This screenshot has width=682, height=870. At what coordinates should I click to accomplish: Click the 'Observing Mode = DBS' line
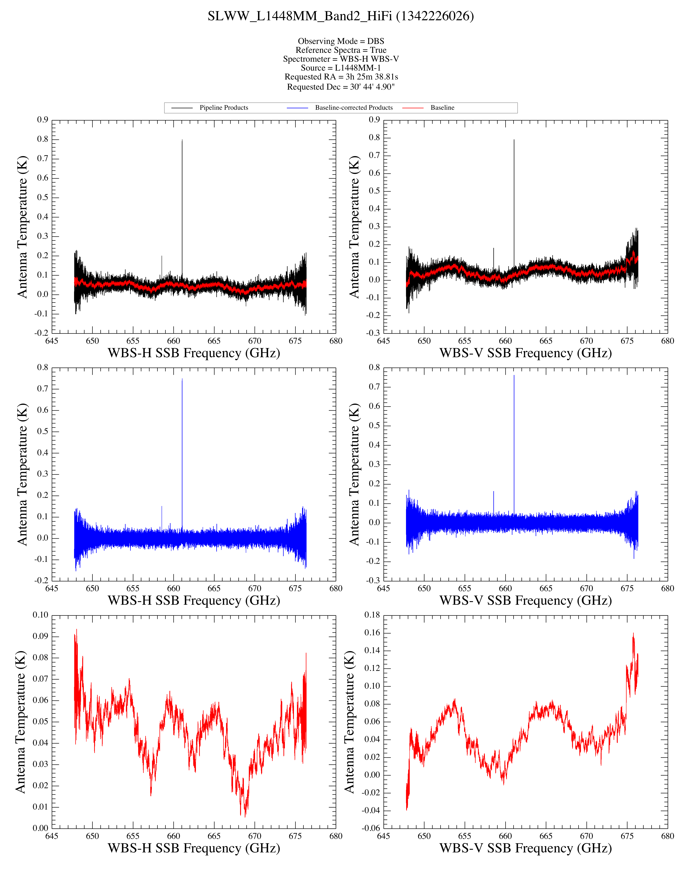[341, 41]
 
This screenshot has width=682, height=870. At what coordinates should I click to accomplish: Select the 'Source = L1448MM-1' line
[341, 68]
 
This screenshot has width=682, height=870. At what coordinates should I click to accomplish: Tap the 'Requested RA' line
[341, 77]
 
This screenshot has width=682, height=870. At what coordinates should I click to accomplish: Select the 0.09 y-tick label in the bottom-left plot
[40, 636]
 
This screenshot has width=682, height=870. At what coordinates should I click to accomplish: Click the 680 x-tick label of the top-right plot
[668, 341]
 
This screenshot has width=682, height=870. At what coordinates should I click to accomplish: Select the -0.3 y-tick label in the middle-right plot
[374, 580]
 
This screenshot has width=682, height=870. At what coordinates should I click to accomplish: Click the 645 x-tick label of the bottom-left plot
[52, 836]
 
